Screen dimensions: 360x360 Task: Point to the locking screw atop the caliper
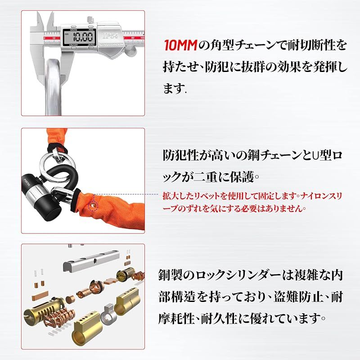(x=90, y=19)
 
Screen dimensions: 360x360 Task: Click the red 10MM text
(x=180, y=45)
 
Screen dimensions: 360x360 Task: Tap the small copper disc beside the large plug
(x=70, y=299)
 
